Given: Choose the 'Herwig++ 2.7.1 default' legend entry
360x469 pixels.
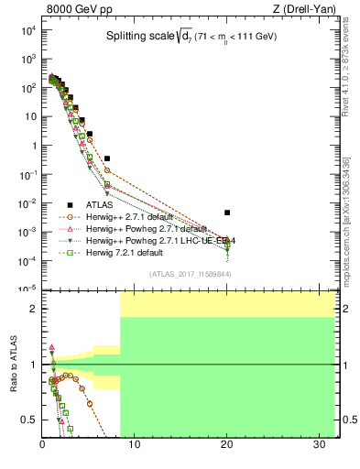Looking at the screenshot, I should click(x=127, y=216).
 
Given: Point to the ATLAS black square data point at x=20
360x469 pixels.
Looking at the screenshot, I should click(x=227, y=213).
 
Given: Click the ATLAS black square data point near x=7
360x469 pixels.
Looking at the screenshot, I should click(x=107, y=158).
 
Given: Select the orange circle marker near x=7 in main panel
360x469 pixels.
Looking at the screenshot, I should click(x=107, y=170).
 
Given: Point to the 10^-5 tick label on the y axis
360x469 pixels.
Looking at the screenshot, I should click(x=28, y=289).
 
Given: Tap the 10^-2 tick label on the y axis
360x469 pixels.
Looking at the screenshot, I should click(x=28, y=202).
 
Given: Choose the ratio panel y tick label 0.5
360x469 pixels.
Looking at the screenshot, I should click(x=30, y=420).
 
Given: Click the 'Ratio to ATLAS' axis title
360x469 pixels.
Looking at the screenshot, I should click(x=13, y=364).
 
